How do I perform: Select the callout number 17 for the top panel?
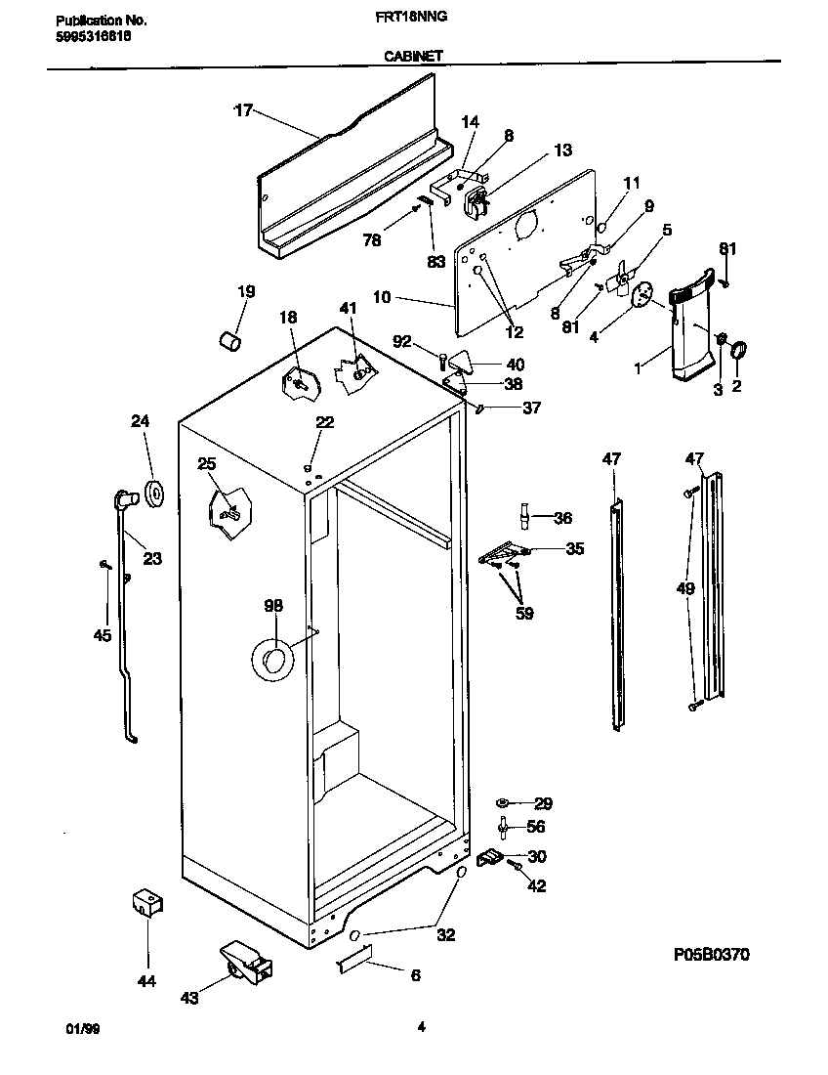coord(242,110)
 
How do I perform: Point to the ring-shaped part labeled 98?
coord(272,660)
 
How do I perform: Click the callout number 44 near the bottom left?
coord(147,980)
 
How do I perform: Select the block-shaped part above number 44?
coord(146,903)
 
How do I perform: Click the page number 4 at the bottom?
coord(421,1026)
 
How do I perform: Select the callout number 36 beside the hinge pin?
coord(562,518)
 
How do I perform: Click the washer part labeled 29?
coord(502,803)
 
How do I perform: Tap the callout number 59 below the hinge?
coord(524,615)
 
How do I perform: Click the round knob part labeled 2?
coord(739,348)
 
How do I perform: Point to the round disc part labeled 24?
coord(153,494)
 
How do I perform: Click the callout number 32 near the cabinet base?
coord(445,935)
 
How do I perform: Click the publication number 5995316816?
coord(89,35)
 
